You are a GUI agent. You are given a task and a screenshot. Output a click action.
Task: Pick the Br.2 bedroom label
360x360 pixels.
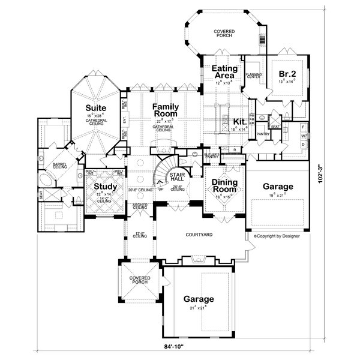click(x=286, y=74)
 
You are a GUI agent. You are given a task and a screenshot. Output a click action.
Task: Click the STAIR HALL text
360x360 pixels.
click(x=177, y=177)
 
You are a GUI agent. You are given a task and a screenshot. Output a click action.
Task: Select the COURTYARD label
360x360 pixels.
click(x=200, y=236)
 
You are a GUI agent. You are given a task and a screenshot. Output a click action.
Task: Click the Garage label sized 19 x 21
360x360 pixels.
click(x=278, y=187)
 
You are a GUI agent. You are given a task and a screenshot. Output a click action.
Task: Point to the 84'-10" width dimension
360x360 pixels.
click(x=179, y=346)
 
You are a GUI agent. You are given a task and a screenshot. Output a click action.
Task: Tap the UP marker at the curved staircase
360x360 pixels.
click(x=161, y=189)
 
